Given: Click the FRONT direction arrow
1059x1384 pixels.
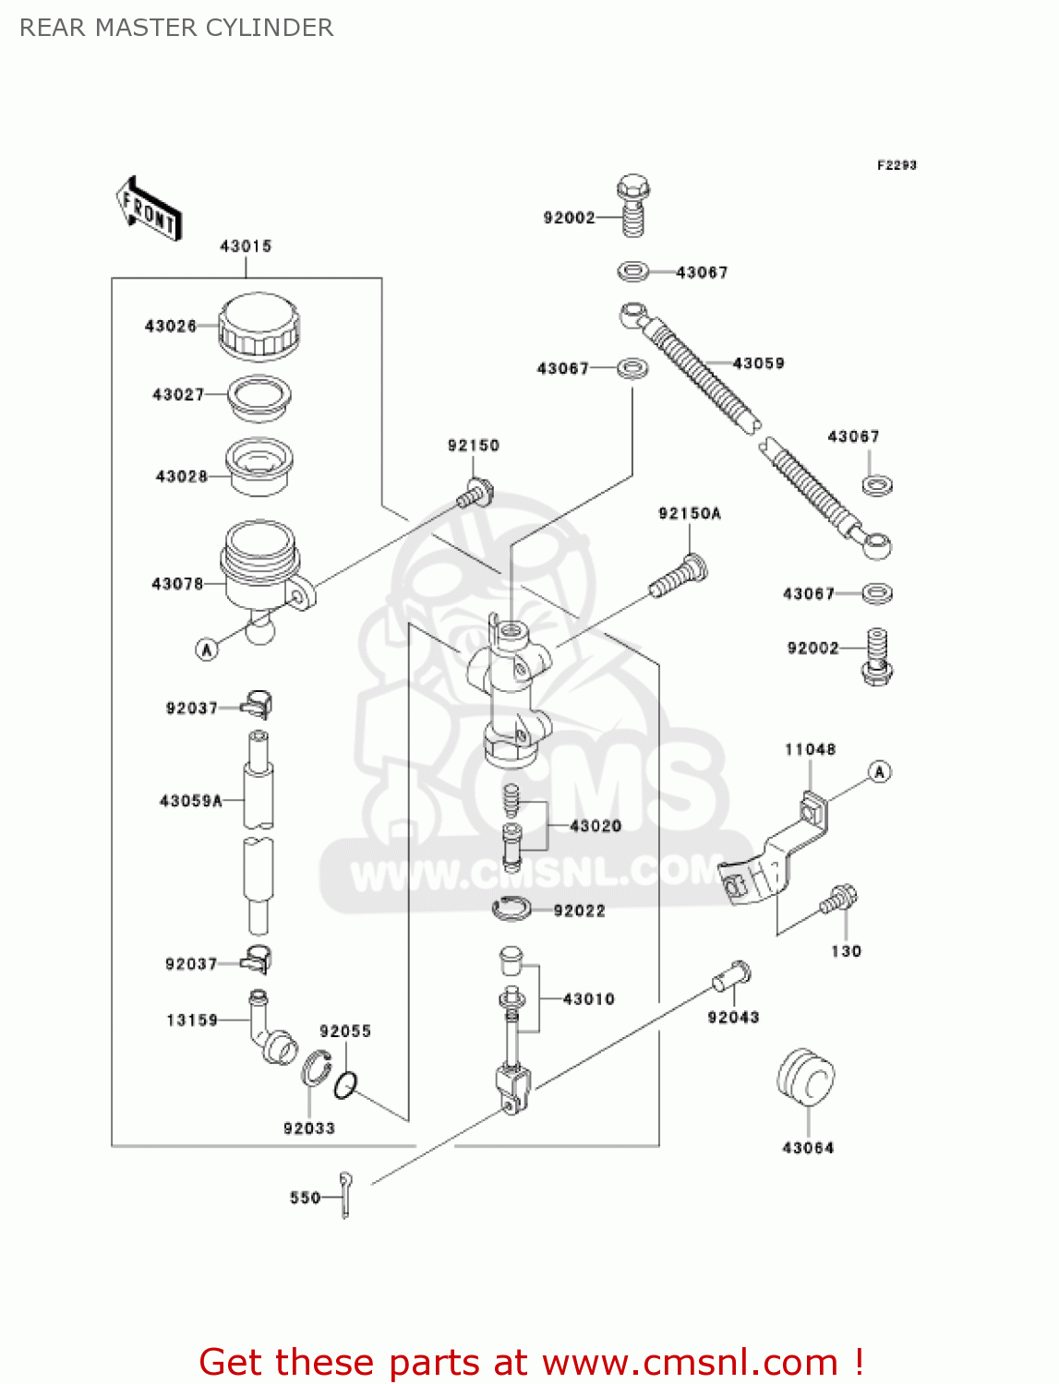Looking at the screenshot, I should (148, 209).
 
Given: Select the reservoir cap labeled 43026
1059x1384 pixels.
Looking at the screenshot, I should (259, 326).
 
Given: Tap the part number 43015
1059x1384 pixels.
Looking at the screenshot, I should (246, 246).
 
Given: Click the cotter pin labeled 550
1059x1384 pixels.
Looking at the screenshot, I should (345, 1195).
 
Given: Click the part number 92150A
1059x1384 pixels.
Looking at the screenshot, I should (689, 514).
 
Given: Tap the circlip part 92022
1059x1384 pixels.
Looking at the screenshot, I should (511, 910).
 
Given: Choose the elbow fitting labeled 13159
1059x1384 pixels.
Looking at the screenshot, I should (269, 1027).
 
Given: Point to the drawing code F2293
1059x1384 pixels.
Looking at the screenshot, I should (897, 165).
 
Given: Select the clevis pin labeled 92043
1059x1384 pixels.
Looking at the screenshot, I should (732, 974).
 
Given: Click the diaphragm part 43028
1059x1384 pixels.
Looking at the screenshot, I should (259, 466).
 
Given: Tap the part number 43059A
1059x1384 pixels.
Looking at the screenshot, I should (191, 801).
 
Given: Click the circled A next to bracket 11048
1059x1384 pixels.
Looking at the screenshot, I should (880, 772).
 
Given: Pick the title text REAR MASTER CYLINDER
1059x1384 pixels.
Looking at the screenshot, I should (176, 28).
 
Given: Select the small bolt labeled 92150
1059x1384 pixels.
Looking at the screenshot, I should (475, 493).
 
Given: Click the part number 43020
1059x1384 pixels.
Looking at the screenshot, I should (596, 826).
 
